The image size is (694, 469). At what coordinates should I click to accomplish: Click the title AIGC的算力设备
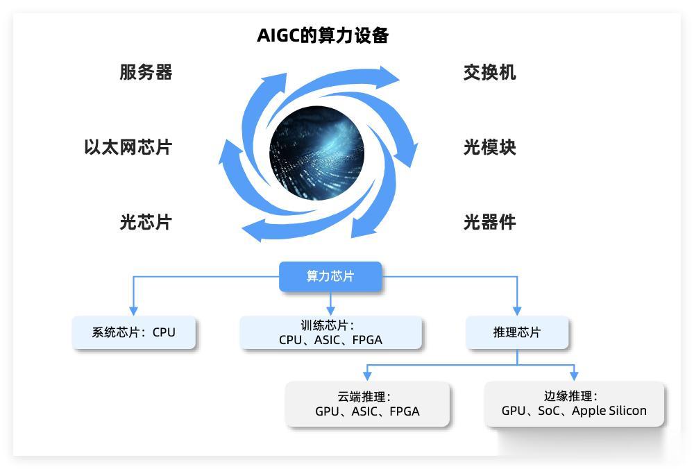click(323, 35)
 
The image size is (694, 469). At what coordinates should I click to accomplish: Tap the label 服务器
click(146, 72)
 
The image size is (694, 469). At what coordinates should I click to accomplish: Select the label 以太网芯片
click(128, 147)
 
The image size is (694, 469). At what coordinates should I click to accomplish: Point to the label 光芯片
click(146, 222)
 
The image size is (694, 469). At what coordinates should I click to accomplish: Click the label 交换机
click(489, 72)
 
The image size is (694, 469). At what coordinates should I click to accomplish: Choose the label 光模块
click(489, 147)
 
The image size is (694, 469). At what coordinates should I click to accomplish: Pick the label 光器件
click(489, 222)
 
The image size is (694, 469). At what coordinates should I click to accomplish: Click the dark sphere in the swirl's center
click(317, 153)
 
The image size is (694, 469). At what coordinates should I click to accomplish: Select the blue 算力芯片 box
click(330, 276)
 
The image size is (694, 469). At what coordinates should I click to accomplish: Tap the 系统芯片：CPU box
click(134, 332)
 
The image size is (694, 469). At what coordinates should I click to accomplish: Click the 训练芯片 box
click(330, 332)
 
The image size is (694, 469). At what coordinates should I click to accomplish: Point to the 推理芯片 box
click(517, 332)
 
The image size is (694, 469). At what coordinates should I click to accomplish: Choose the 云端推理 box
click(367, 404)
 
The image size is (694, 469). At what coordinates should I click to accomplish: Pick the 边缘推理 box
click(575, 404)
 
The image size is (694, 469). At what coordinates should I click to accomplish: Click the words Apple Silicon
click(609, 411)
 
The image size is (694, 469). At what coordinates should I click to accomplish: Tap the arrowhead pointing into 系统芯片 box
click(134, 311)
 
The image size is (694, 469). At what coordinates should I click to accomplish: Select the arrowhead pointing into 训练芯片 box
click(330, 311)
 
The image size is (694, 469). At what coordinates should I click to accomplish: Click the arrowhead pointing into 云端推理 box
click(367, 375)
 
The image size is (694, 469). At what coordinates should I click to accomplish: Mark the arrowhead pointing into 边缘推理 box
click(574, 375)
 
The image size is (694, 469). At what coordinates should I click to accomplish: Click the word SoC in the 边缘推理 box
click(549, 411)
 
